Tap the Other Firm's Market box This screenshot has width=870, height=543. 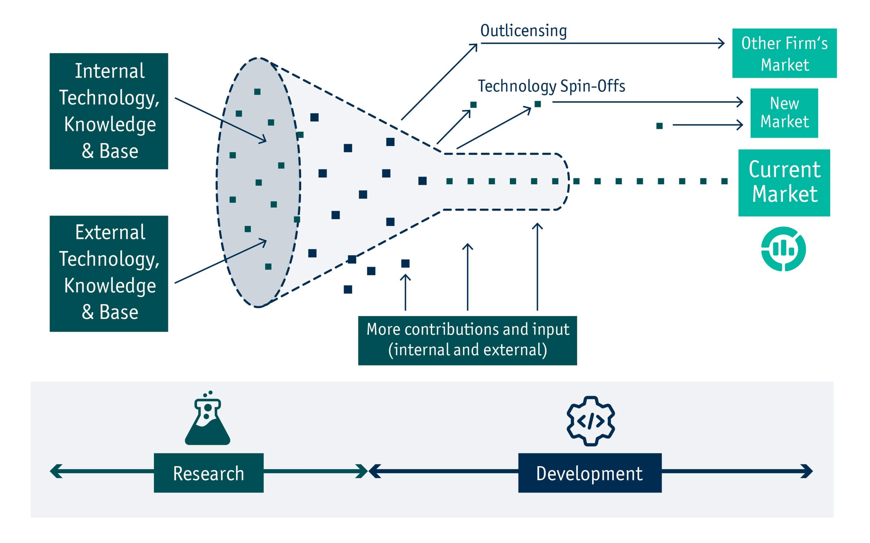(784, 53)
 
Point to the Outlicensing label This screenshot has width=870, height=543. (524, 31)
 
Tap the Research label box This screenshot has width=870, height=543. (208, 473)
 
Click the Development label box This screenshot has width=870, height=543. (590, 473)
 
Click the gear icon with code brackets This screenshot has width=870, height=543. (590, 421)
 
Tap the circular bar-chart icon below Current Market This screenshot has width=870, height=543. (783, 249)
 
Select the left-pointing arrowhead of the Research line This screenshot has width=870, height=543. (56, 471)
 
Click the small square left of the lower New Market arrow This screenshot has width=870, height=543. (659, 126)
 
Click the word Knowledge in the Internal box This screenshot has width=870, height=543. (110, 125)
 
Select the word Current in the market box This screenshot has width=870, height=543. (785, 170)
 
